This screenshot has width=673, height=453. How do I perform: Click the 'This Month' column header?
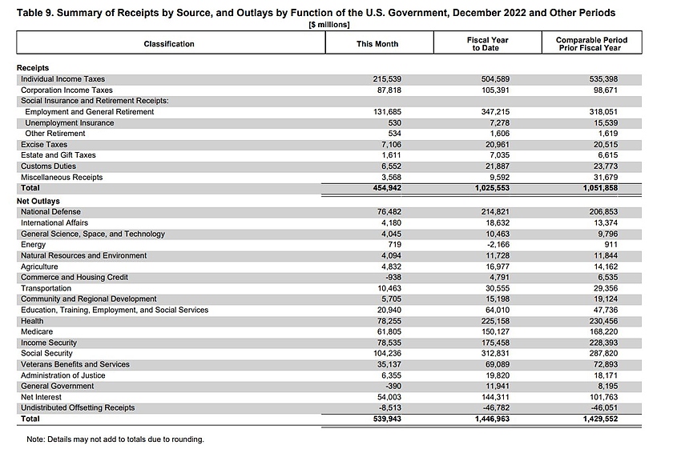(x=377, y=44)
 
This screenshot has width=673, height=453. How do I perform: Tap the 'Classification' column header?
(x=169, y=44)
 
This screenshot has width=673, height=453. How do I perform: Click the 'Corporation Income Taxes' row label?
(x=66, y=90)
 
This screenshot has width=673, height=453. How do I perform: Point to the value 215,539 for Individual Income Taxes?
(x=381, y=80)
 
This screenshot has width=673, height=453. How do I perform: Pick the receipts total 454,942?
(x=381, y=188)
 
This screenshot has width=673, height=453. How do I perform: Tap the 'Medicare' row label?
(x=37, y=331)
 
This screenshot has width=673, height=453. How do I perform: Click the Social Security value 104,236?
(x=381, y=353)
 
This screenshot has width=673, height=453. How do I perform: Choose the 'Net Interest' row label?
(x=42, y=397)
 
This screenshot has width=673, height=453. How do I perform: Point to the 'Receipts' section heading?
(x=33, y=69)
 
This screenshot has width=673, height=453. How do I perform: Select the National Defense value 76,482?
(x=384, y=212)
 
